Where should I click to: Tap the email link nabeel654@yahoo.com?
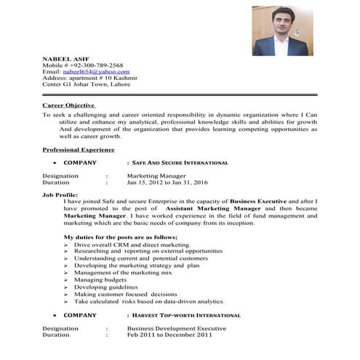pos(96,72)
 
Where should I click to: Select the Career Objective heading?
pos(69,105)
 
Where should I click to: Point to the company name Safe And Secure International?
pos(180,163)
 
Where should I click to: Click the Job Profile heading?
pos(59,195)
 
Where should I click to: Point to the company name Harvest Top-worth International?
pos(186,316)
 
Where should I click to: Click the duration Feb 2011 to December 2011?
pos(169,335)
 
